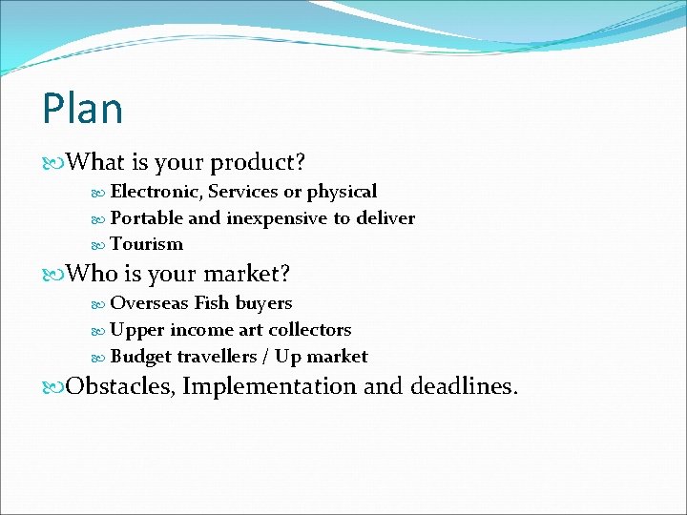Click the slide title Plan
tap(82, 109)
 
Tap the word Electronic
tap(156, 192)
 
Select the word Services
tap(243, 192)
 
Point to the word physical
tap(342, 192)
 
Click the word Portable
tap(147, 218)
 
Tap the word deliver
tap(385, 218)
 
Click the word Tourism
tap(147, 244)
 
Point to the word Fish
tap(210, 303)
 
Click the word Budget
tap(140, 357)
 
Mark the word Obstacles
tap(120, 386)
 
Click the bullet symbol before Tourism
tap(101, 245)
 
